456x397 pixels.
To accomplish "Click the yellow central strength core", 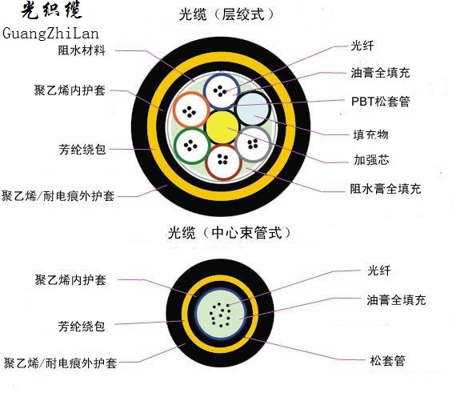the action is (x=222, y=127).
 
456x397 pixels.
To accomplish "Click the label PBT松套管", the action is (x=380, y=102).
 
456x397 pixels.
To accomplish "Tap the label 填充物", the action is (x=370, y=134).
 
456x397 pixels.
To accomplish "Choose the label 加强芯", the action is (x=371, y=160).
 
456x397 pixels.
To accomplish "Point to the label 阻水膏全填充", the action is (x=386, y=189).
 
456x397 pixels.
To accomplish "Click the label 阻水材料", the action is (x=82, y=50).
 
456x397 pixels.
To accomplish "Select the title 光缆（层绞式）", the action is (x=226, y=14).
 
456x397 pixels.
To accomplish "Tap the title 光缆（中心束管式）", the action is (x=229, y=233).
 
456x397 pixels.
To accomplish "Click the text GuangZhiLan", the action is (x=50, y=33).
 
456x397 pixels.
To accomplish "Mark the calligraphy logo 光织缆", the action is (x=51, y=10).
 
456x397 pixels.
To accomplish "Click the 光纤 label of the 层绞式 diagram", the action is (x=362, y=46).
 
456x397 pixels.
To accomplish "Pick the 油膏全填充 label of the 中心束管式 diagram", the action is (x=396, y=300).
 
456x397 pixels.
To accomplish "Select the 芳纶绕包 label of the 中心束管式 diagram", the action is (x=82, y=327).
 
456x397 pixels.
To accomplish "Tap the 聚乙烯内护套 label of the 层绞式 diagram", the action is (x=70, y=90).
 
